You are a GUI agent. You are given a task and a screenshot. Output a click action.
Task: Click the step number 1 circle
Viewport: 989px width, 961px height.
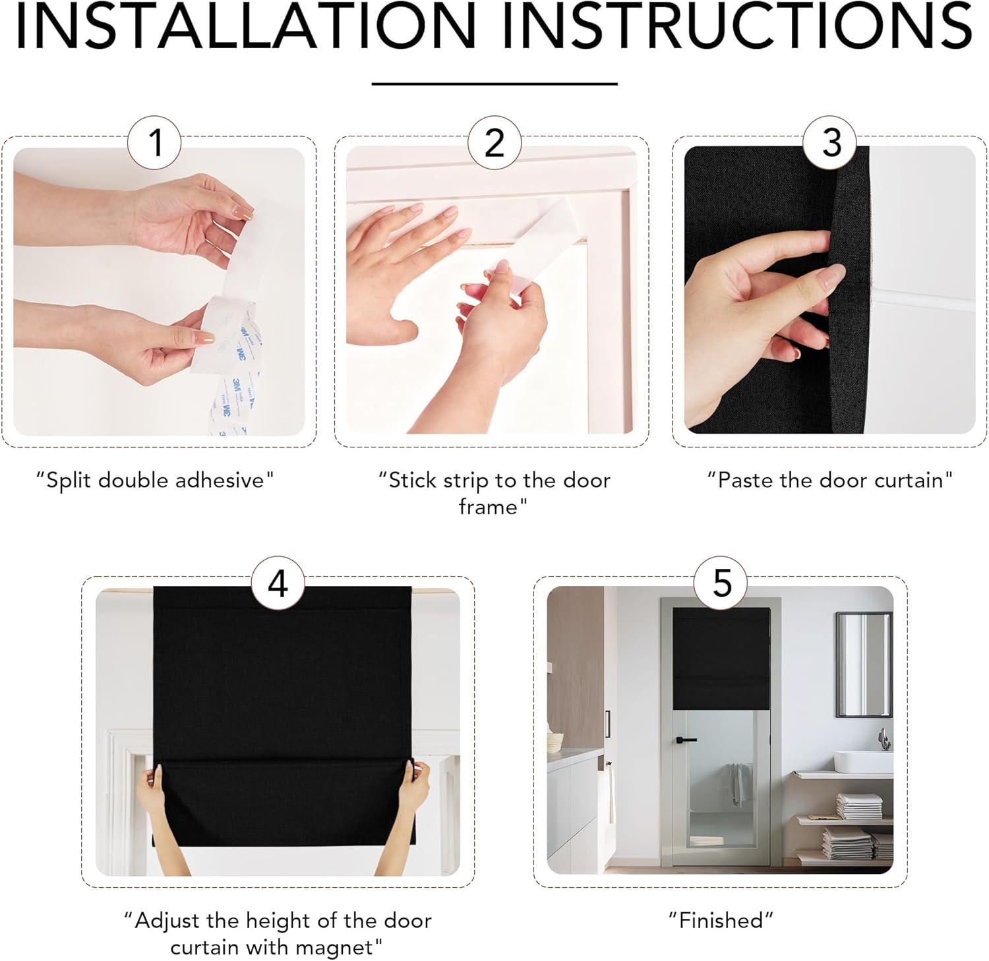pos(154,142)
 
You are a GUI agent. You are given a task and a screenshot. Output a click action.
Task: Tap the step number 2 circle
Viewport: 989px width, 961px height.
pos(494,142)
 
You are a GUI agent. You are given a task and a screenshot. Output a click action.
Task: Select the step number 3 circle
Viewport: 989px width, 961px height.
pos(831,142)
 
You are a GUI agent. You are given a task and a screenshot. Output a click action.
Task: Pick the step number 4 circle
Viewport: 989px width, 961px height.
pos(278,583)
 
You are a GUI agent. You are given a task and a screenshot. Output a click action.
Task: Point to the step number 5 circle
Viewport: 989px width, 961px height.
pos(722,583)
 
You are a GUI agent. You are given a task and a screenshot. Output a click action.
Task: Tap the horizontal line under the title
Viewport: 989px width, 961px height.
pos(494,84)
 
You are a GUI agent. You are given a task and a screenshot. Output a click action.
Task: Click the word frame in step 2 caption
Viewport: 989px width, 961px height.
pos(489,507)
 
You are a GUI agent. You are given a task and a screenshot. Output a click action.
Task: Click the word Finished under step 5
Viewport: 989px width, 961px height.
pos(721,919)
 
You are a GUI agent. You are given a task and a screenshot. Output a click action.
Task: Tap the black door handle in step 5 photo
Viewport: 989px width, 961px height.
pos(684,740)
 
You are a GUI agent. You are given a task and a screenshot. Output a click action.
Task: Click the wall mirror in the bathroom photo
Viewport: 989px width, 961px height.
pos(864,664)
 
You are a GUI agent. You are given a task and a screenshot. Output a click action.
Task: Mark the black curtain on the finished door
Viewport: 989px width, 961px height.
pos(721,658)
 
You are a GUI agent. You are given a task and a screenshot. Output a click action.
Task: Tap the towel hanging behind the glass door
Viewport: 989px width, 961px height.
pos(736,785)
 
